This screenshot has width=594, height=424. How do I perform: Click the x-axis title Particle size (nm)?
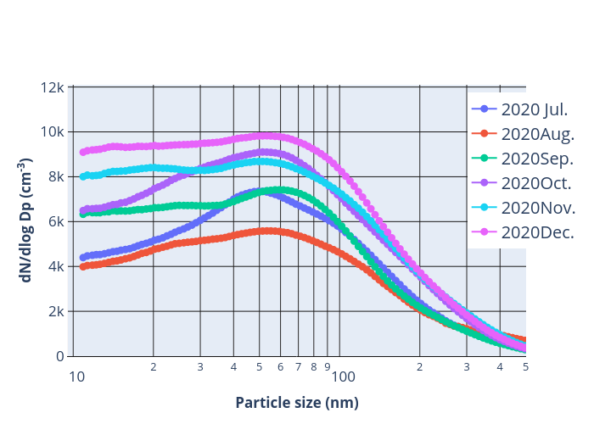(297, 403)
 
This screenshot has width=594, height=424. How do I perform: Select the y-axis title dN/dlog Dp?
(26, 220)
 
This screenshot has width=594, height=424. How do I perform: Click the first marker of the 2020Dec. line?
(83, 152)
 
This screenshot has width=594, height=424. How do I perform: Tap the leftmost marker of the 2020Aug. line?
(83, 266)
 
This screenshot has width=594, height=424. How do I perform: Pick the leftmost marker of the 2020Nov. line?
(83, 176)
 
